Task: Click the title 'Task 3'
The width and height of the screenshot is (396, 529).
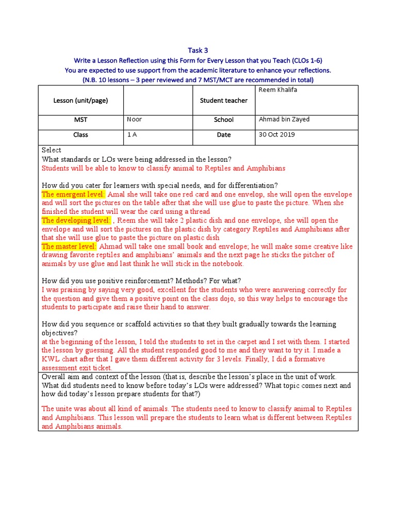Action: point(198,50)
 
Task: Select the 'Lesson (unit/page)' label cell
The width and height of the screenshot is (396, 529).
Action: point(80,101)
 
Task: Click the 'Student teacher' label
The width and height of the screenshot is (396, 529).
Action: point(224,101)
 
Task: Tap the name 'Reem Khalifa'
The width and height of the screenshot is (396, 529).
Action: point(278,90)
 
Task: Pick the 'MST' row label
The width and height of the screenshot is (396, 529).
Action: point(80,120)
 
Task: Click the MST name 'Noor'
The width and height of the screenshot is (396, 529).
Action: point(135,119)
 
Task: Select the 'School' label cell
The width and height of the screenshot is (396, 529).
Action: point(224,120)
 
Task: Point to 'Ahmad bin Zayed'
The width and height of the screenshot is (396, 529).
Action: point(284,119)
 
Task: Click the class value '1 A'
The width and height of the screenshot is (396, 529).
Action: point(133,134)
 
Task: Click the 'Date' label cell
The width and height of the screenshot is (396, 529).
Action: point(224,135)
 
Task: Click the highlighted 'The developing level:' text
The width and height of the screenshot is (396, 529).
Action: point(76,221)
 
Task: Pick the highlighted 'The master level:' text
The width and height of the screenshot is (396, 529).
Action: point(69,246)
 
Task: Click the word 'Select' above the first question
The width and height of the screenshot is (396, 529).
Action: point(52,150)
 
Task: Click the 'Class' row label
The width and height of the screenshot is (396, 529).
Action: point(80,135)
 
